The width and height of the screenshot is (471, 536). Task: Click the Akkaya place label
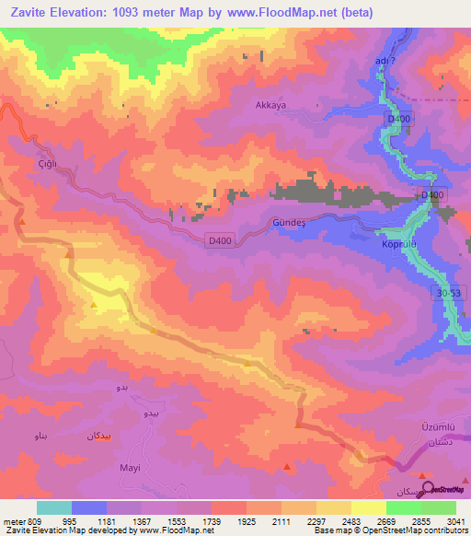pos(270,105)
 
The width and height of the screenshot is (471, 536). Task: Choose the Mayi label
pos(130,467)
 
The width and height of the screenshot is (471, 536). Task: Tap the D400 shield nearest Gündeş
pos(219,240)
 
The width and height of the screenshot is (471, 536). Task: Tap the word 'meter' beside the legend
pos(12,520)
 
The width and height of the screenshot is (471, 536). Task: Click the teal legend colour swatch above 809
pos(53,507)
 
